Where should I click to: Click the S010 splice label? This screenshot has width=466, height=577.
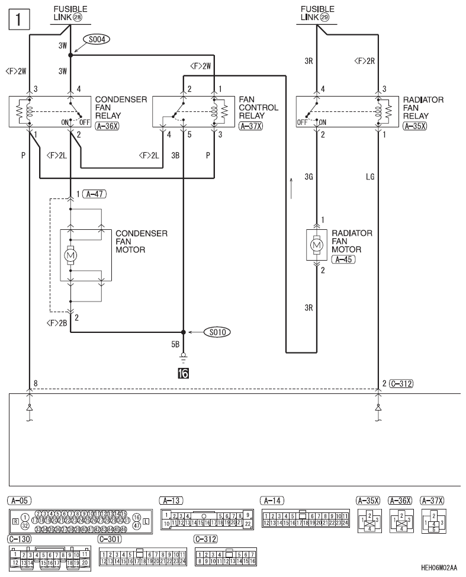pyautogui.click(x=216, y=332)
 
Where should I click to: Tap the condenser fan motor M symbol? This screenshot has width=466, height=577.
pyautogui.click(x=71, y=255)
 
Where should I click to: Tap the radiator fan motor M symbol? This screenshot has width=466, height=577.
pyautogui.click(x=317, y=244)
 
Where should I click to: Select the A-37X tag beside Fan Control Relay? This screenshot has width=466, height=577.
pyautogui.click(x=251, y=126)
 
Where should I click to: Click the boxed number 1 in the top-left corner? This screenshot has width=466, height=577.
pyautogui.click(x=17, y=20)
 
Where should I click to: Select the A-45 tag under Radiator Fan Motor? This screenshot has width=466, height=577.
pyautogui.click(x=343, y=259)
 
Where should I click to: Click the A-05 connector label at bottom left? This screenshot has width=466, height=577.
pyautogui.click(x=19, y=500)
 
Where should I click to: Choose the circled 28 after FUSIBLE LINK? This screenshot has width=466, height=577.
pyautogui.click(x=78, y=17)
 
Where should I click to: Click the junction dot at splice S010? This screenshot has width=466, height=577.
pyautogui.click(x=183, y=332)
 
